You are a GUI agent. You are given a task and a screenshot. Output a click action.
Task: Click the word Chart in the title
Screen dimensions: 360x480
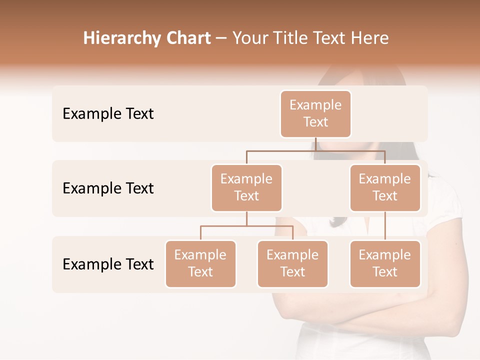[188, 38]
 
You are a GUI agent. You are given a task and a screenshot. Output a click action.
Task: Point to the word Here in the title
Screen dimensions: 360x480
[369, 38]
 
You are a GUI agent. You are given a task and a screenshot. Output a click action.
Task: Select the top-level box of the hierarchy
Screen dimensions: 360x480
[315, 113]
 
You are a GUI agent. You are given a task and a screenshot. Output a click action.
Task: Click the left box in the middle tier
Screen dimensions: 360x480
[246, 187]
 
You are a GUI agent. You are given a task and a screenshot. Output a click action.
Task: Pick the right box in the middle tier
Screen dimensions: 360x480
[385, 187]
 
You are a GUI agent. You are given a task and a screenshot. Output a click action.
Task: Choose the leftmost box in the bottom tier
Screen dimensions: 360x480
[200, 263]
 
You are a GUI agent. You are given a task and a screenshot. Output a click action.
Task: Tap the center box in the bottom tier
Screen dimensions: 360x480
[292, 263]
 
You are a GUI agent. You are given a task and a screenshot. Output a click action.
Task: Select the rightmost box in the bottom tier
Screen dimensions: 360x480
[385, 263]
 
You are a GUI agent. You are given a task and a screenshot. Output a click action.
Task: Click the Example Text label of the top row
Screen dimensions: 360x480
[108, 113]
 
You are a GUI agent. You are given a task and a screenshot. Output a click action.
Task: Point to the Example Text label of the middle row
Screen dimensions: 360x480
[108, 188]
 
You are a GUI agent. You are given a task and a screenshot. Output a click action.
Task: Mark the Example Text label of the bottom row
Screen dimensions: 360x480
[108, 264]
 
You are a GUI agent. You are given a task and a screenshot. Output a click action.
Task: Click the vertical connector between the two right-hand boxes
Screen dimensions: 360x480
[385, 226]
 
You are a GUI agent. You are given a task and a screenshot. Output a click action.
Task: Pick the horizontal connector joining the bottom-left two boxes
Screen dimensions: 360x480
[246, 226]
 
